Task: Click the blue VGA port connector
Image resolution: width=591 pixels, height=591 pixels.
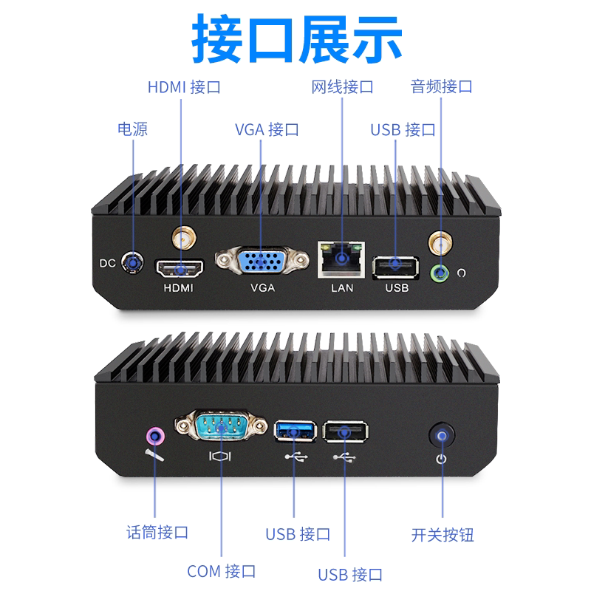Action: [262, 261]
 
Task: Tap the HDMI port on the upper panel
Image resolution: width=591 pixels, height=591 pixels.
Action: [180, 268]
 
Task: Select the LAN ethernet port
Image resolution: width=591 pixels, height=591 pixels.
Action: [341, 260]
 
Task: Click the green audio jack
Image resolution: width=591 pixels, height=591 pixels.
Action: [440, 273]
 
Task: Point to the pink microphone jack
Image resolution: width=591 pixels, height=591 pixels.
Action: [155, 437]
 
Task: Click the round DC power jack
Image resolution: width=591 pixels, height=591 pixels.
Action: [132, 262]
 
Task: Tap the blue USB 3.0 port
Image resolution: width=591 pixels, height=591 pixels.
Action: [295, 431]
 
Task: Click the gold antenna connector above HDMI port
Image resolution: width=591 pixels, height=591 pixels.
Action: [184, 238]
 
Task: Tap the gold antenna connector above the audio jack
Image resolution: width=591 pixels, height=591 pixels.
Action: [440, 243]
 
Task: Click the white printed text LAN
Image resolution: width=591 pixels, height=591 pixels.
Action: [342, 288]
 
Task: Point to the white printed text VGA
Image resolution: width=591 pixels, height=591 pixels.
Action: [263, 288]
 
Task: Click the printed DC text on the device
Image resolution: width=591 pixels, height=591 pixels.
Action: [107, 263]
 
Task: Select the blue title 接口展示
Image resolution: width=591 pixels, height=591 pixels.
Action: [297, 39]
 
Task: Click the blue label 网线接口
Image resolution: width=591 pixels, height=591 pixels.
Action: [342, 87]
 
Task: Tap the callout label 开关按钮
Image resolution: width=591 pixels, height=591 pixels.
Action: [443, 535]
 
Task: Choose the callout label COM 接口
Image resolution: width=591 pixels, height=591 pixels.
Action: [221, 571]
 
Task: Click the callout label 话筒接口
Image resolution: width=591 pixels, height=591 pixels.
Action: [157, 532]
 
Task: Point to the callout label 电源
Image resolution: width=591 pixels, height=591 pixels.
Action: [133, 129]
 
